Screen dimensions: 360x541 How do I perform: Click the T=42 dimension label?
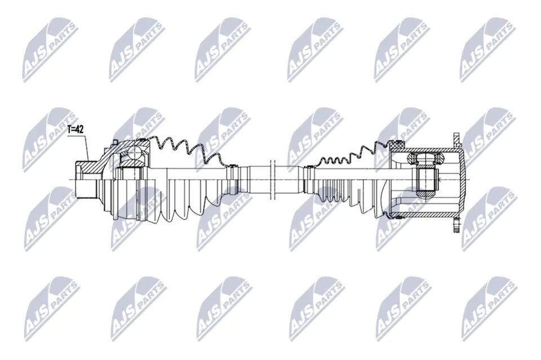(x=76, y=129)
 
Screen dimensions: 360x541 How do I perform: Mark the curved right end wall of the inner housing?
(x=463, y=179)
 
